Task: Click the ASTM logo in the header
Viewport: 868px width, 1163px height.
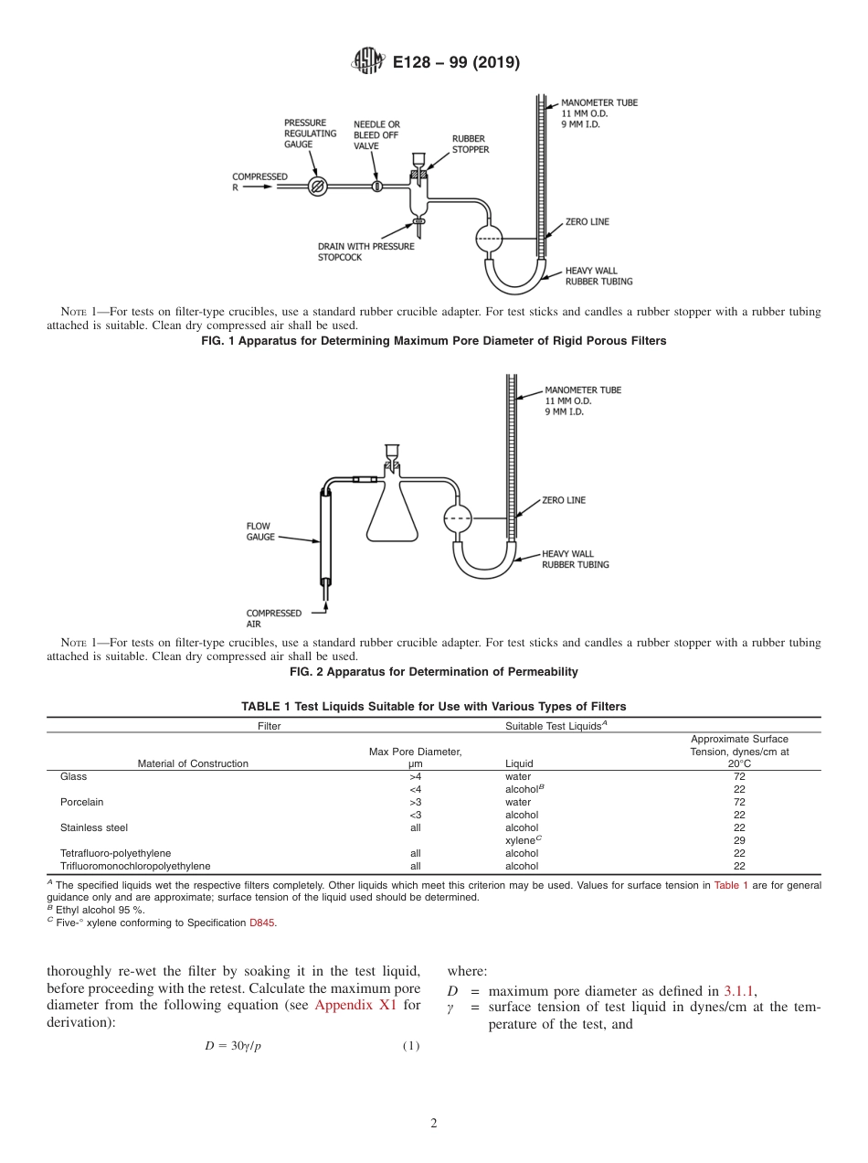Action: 369,62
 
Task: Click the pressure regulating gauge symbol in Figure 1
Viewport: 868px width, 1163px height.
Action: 318,187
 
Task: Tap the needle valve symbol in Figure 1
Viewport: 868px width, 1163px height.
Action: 376,187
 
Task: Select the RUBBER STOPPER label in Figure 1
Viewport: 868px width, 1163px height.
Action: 471,144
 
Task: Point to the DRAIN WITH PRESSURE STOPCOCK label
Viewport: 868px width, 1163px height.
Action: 365,251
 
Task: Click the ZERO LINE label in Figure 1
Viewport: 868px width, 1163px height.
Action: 587,222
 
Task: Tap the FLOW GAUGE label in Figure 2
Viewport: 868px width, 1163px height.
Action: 260,531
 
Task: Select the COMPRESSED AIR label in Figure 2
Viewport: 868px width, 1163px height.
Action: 273,619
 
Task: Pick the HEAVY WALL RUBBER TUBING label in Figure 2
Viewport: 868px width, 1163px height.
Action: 575,559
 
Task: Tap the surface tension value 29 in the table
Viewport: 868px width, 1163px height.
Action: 739,840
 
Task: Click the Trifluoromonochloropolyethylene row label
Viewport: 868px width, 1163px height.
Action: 135,866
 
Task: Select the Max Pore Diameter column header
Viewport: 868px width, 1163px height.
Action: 415,757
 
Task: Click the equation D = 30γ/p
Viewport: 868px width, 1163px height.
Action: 233,1046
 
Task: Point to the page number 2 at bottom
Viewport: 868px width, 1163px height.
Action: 434,1124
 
